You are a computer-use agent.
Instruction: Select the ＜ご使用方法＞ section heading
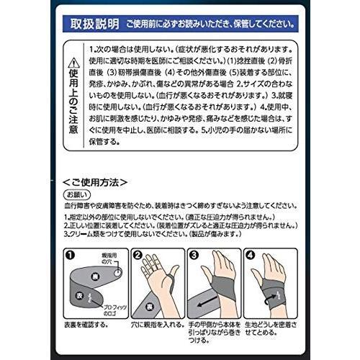94,181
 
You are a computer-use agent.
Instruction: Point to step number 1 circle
70,255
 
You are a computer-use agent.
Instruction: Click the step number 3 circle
193,255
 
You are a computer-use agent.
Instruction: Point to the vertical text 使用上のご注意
72,108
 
